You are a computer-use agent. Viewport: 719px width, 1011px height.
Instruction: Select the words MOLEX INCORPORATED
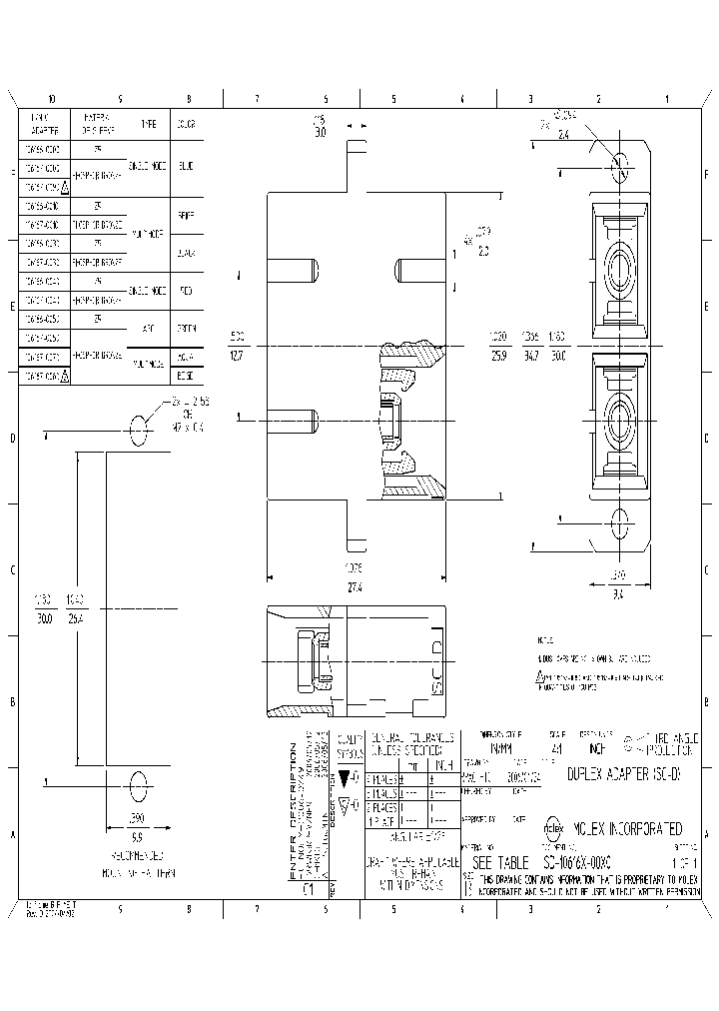(628, 828)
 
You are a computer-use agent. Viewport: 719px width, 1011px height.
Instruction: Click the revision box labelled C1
(309, 885)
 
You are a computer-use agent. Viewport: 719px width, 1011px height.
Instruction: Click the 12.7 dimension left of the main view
(237, 353)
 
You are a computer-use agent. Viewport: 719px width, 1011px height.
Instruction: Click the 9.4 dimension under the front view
(618, 592)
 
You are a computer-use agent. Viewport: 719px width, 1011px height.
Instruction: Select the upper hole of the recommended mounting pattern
(138, 432)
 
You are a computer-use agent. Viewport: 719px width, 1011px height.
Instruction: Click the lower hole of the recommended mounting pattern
(138, 781)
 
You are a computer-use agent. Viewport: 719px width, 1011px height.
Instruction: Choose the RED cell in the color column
(187, 290)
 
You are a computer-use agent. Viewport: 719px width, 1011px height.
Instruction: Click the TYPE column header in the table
(148, 124)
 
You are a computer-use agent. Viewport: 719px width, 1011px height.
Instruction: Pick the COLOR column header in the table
(187, 124)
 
